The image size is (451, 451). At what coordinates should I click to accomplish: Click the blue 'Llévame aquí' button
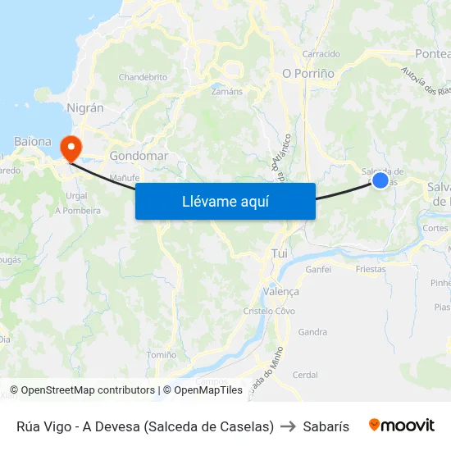[x=225, y=201]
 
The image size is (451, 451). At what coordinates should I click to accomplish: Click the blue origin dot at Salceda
[x=380, y=180]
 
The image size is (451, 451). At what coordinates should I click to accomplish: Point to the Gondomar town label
[x=139, y=156]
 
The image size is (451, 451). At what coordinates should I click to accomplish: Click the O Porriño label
[x=308, y=73]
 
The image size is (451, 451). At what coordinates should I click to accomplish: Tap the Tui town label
[x=280, y=253]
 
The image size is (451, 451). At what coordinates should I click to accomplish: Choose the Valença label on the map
[x=280, y=291]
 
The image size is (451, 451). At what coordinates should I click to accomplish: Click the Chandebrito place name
[x=143, y=77]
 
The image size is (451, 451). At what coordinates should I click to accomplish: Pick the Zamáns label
[x=227, y=91]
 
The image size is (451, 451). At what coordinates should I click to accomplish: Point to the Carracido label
[x=321, y=54]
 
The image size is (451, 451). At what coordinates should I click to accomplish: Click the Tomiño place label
[x=162, y=355]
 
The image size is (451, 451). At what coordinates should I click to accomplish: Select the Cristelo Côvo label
[x=269, y=311]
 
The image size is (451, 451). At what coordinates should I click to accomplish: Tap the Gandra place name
[x=312, y=332]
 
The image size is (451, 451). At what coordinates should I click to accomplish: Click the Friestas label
[x=371, y=268]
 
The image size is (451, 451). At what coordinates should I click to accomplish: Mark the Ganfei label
[x=317, y=269]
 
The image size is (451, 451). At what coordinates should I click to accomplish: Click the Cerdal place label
[x=305, y=375]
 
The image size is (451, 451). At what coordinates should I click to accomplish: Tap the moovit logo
[x=402, y=426]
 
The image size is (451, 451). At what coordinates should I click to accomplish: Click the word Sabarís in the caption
[x=326, y=426]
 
